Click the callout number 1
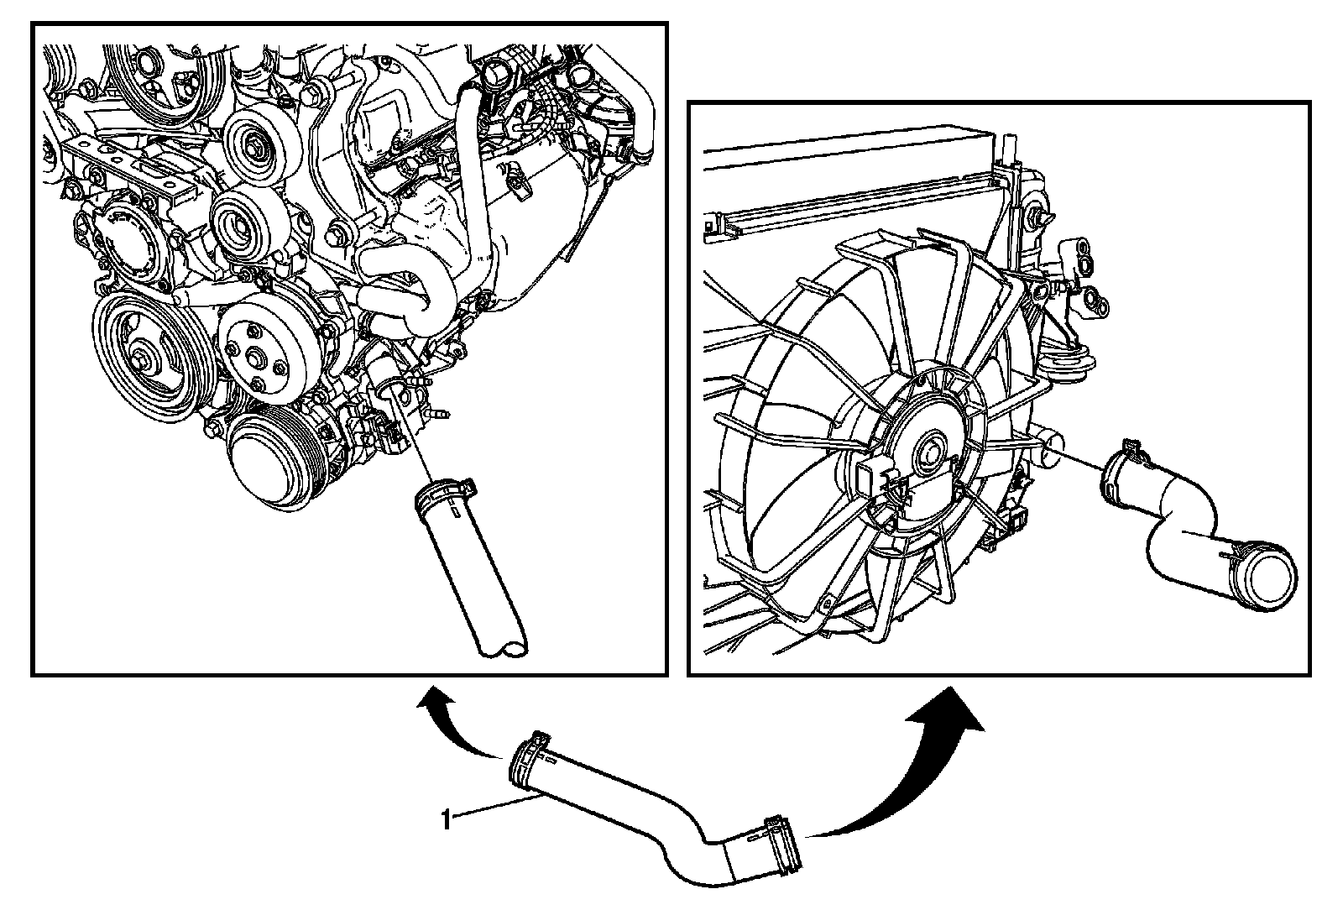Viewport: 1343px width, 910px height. click(447, 819)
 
